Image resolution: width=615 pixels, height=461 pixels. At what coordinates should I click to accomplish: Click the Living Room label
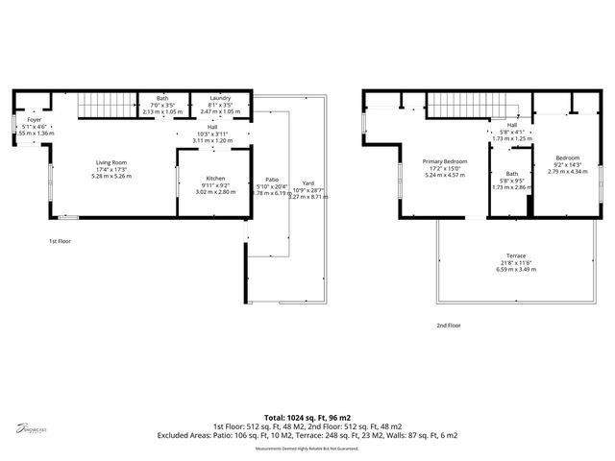click(111, 163)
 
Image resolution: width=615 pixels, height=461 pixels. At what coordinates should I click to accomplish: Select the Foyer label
click(35, 120)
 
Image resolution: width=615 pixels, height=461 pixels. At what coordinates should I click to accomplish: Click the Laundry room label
click(219, 99)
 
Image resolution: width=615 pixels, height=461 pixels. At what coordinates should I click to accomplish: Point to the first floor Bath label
click(162, 99)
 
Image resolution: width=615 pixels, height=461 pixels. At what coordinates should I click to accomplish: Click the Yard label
click(307, 182)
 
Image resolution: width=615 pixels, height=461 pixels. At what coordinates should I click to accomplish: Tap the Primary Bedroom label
click(446, 161)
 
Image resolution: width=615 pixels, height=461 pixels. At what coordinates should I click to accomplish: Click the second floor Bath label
click(512, 173)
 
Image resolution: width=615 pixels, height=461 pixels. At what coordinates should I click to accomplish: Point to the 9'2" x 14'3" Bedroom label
click(566, 158)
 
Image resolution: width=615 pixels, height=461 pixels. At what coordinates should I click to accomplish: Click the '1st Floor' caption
click(61, 241)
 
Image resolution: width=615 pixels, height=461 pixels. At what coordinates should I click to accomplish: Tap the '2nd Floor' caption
click(448, 326)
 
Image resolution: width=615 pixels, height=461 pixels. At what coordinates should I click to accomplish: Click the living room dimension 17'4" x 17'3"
click(111, 170)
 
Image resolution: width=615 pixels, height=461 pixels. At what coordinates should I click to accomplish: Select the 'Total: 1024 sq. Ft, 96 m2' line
click(307, 418)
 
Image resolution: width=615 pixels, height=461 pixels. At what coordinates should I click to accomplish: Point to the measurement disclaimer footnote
click(307, 449)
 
